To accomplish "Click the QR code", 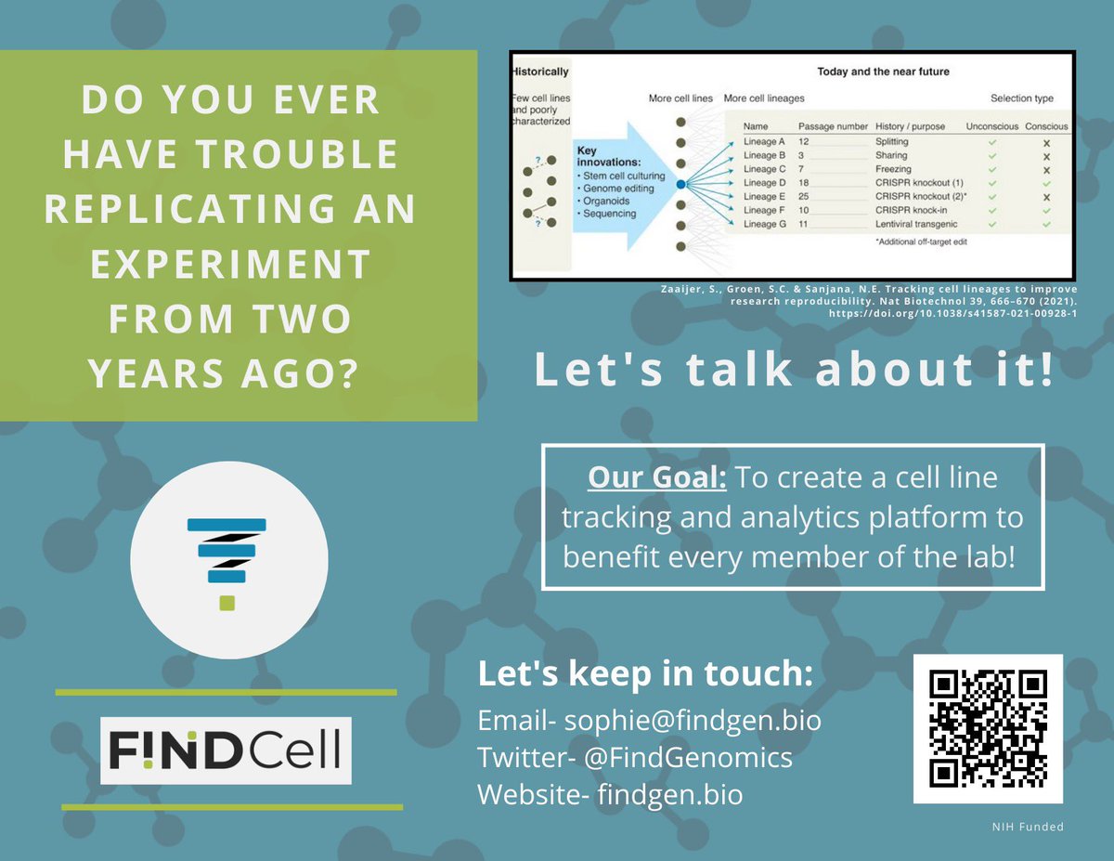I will [x=988, y=728].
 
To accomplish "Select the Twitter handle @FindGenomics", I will [x=686, y=758].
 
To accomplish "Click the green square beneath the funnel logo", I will [x=227, y=604].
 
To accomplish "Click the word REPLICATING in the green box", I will [x=229, y=209].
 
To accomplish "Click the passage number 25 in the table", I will [x=806, y=197].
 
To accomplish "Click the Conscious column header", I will [x=1046, y=126].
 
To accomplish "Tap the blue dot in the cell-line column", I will [x=680, y=185].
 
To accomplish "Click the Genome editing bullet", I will [x=615, y=188].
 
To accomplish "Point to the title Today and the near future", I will [x=883, y=72].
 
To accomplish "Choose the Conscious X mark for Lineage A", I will [x=1046, y=142].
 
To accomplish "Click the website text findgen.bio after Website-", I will [x=670, y=795].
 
